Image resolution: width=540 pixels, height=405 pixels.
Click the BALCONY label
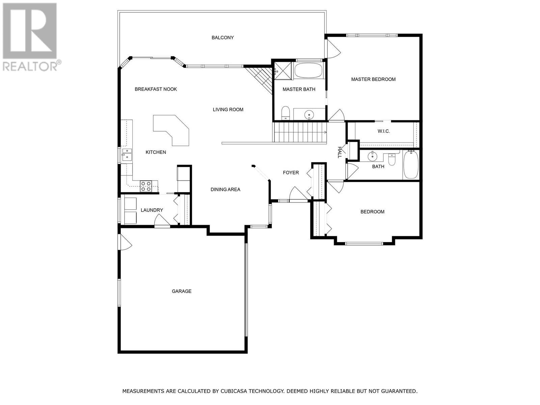tap(222, 37)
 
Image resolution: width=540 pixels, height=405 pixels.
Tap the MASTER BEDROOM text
tap(373, 79)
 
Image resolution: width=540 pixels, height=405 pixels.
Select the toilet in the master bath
tap(286, 113)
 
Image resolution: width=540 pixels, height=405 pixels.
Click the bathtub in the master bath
tap(308, 71)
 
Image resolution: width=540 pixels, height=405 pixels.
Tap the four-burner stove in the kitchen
tap(146, 186)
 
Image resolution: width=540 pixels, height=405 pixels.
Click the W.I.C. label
tap(384, 131)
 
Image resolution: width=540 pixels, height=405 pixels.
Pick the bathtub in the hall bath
tap(411, 165)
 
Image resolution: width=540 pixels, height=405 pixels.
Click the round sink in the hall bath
tap(373, 156)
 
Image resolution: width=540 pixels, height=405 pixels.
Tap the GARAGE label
tap(182, 291)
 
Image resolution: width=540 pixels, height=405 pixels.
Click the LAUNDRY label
tap(152, 210)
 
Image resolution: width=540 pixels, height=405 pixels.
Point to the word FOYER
tap(291, 172)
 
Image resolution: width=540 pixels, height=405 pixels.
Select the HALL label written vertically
tap(340, 152)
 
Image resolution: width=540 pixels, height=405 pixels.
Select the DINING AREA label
tap(225, 189)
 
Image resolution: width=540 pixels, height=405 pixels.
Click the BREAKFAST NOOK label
tap(156, 89)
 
